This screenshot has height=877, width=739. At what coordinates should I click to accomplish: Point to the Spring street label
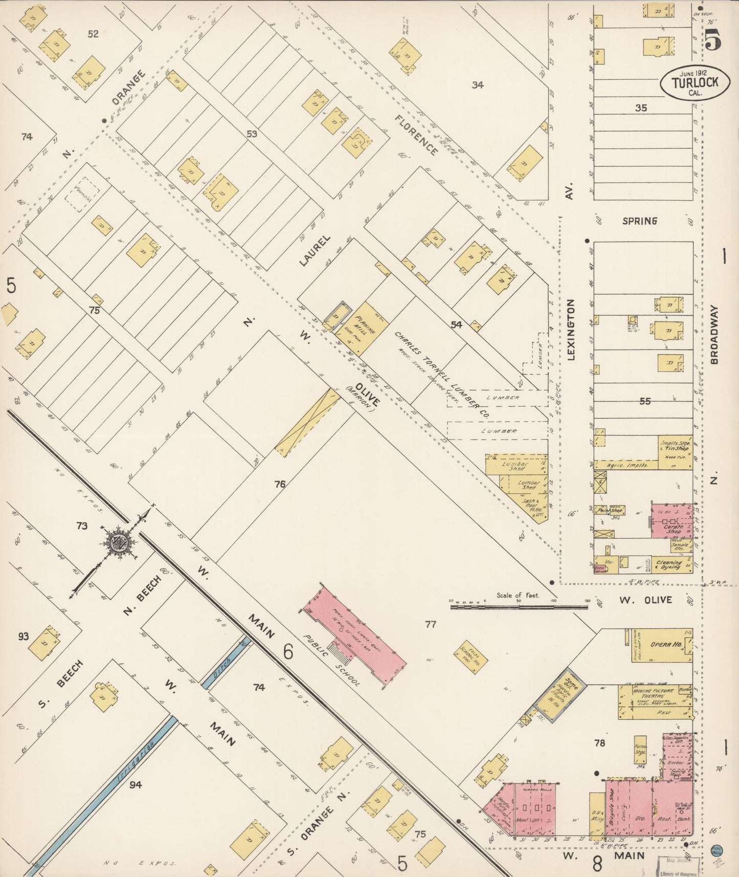point(640,221)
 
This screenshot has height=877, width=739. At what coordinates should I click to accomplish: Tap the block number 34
point(477,85)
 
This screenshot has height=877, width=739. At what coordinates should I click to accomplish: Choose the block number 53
point(251,134)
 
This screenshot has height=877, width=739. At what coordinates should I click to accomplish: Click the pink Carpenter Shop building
point(671,520)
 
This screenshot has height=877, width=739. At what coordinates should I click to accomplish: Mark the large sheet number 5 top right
point(713,39)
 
